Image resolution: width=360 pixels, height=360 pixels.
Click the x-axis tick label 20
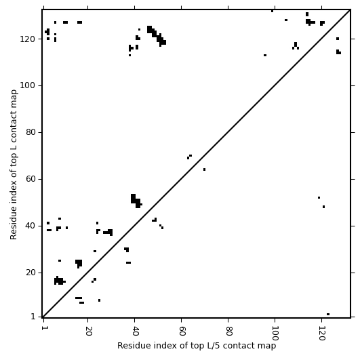click(x=88, y=331)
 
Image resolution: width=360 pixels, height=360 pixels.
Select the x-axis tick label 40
click(x=135, y=331)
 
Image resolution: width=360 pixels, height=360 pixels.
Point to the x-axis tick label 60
click(x=182, y=331)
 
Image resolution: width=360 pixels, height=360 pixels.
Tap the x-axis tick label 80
click(x=228, y=331)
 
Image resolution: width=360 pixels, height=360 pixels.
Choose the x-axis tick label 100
click(x=275, y=333)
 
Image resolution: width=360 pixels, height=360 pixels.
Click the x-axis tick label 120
click(x=322, y=333)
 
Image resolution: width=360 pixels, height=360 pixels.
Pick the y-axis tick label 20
click(x=31, y=273)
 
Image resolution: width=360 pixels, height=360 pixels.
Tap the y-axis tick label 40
click(x=31, y=226)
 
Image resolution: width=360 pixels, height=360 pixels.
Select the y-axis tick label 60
click(x=31, y=179)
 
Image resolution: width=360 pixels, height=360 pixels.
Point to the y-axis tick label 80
click(x=31, y=132)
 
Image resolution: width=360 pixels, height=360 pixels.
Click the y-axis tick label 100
click(x=28, y=85)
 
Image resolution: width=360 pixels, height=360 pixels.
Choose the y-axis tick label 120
click(x=28, y=39)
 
